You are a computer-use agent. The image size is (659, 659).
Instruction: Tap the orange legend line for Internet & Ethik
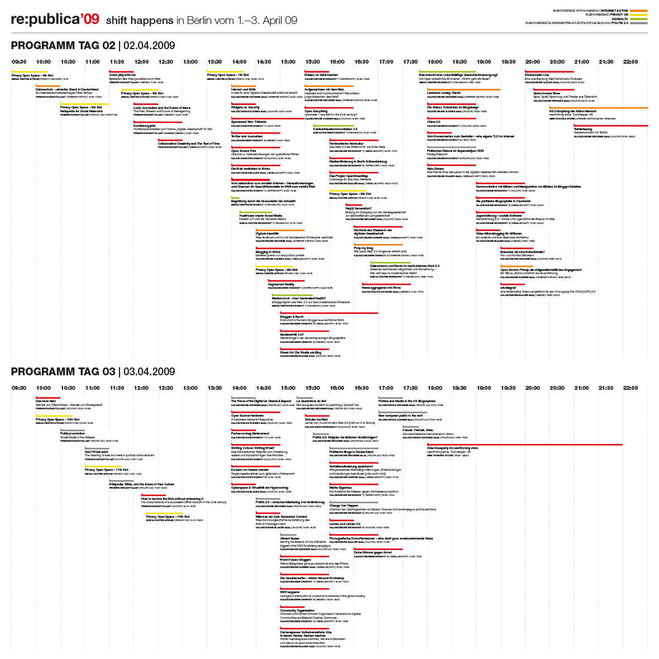coord(638,11)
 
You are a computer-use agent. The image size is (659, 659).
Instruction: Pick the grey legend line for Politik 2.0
coord(638,23)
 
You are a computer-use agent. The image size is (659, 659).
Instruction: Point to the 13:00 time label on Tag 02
coord(190,62)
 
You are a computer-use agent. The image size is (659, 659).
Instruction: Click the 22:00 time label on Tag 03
coord(631,388)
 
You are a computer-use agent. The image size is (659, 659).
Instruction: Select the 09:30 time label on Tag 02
coord(19,62)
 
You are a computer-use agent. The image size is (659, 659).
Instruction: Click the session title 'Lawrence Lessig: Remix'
coord(444,93)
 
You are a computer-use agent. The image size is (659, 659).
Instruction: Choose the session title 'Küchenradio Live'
coord(537,75)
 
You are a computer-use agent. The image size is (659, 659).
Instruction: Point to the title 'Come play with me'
coord(122,75)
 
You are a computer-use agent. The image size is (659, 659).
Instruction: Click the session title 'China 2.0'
coord(434,122)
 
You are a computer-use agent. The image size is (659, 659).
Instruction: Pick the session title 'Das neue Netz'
coord(46,401)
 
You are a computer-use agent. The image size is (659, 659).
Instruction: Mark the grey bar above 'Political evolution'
coord(73,430)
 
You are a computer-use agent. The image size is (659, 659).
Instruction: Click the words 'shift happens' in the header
coord(140,21)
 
